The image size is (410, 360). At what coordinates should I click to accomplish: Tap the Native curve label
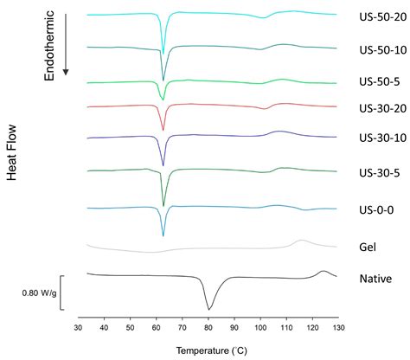[x=375, y=279]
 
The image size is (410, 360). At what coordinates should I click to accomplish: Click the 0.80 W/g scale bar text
[x=40, y=292]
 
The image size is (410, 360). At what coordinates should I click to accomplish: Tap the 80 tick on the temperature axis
[x=208, y=329]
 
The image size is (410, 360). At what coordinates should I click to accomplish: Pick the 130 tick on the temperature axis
[x=337, y=329]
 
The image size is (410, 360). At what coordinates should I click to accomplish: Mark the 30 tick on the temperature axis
[x=79, y=329]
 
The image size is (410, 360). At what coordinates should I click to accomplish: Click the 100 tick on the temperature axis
[x=260, y=329]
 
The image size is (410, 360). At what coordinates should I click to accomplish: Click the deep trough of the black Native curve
[x=208, y=308]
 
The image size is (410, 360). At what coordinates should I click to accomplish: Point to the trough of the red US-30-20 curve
[x=163, y=130]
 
